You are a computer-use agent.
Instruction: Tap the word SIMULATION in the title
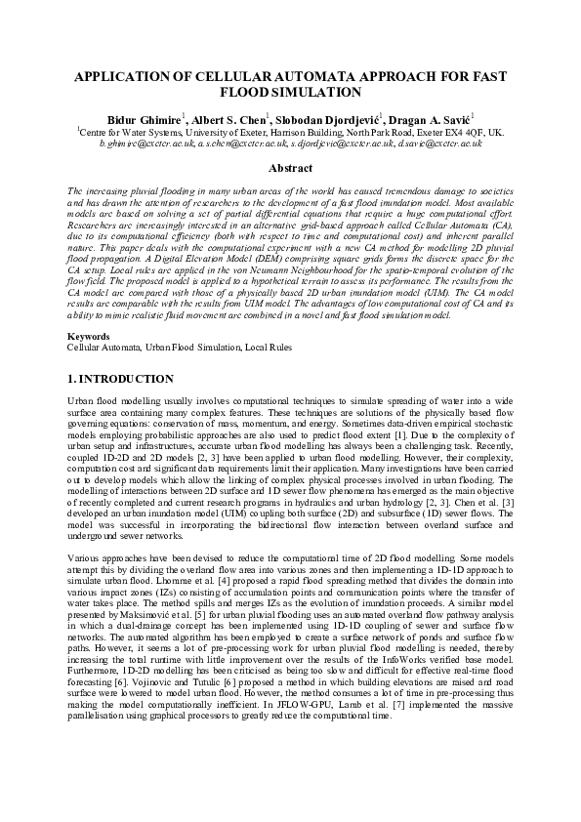click(x=317, y=92)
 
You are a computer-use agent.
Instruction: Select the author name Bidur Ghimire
click(x=146, y=117)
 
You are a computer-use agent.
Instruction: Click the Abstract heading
click(x=290, y=168)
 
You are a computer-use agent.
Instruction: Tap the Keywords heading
click(x=89, y=337)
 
